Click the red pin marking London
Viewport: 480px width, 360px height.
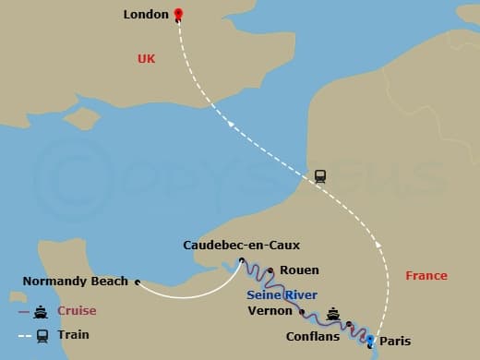[178, 14]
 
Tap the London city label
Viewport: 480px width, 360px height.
[146, 15]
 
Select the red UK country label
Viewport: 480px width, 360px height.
[147, 58]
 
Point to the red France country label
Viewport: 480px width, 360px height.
[426, 275]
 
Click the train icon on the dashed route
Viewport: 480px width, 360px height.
[320, 175]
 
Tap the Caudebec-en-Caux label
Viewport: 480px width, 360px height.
[241, 245]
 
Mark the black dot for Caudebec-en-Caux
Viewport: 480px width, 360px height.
[242, 260]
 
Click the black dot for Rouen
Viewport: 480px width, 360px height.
[270, 271]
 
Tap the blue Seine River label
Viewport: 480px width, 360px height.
[282, 294]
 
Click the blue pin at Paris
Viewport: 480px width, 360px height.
[370, 342]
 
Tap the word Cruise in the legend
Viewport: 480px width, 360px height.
[77, 311]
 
